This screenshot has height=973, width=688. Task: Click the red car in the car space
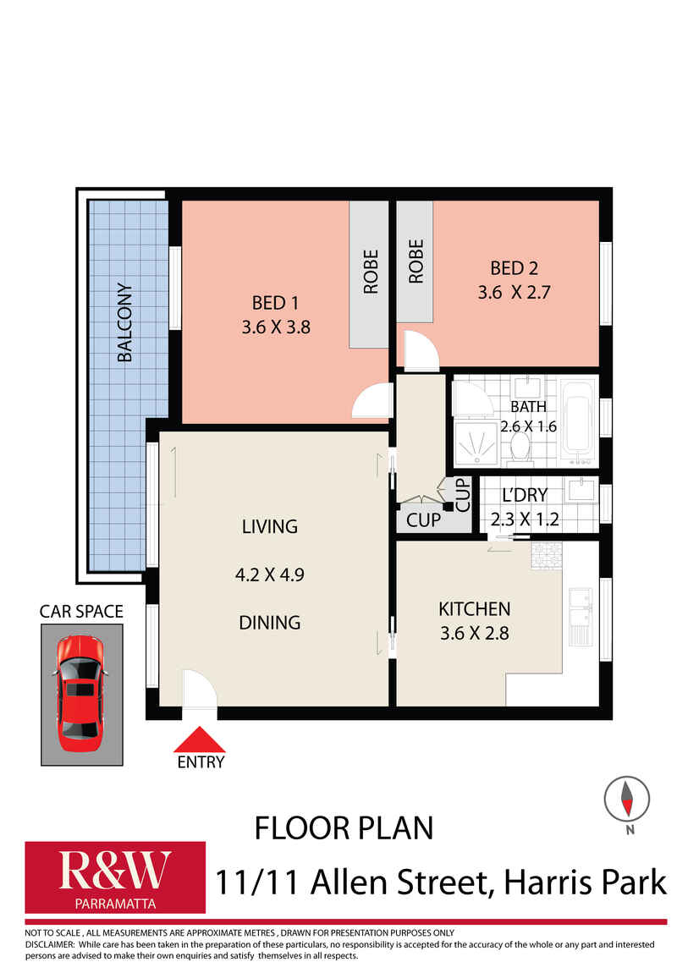point(80,693)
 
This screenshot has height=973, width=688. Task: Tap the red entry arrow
point(199,739)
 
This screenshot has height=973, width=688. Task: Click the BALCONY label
point(124,322)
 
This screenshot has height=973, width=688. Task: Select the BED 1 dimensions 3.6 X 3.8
point(276,327)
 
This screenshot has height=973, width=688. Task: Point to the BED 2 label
point(515,268)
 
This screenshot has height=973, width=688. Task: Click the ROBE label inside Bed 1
point(371,272)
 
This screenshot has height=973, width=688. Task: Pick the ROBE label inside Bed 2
point(416,261)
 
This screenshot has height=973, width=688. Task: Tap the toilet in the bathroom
point(520,448)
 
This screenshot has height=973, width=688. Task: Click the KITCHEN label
point(475,609)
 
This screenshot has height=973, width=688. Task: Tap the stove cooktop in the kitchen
point(547,554)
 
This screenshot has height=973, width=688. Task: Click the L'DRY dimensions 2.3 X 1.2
point(525,519)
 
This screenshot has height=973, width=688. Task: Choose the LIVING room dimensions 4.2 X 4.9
point(270,574)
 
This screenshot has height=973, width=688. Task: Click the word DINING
point(270,623)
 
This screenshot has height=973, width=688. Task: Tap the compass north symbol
point(627,800)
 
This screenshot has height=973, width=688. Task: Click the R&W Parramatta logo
point(115,877)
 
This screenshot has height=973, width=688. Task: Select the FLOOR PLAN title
point(344,828)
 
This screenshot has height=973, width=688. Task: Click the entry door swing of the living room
point(200,688)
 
